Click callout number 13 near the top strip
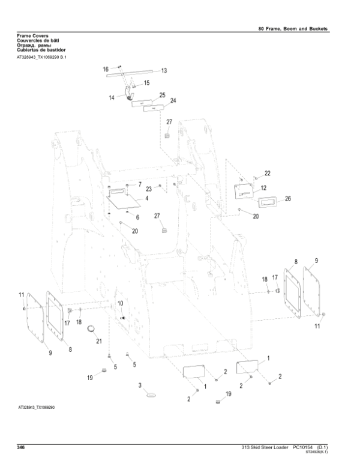(x=164, y=70)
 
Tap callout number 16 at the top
(x=106, y=69)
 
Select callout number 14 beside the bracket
(x=112, y=96)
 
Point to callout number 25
(x=161, y=95)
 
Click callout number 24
(x=173, y=100)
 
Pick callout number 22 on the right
(x=267, y=173)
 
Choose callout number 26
(x=287, y=198)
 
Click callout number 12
(x=263, y=188)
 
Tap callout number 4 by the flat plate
(x=146, y=198)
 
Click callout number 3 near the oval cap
(x=140, y=384)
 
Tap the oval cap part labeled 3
(x=151, y=395)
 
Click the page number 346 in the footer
(x=20, y=448)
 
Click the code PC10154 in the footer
(x=305, y=448)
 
